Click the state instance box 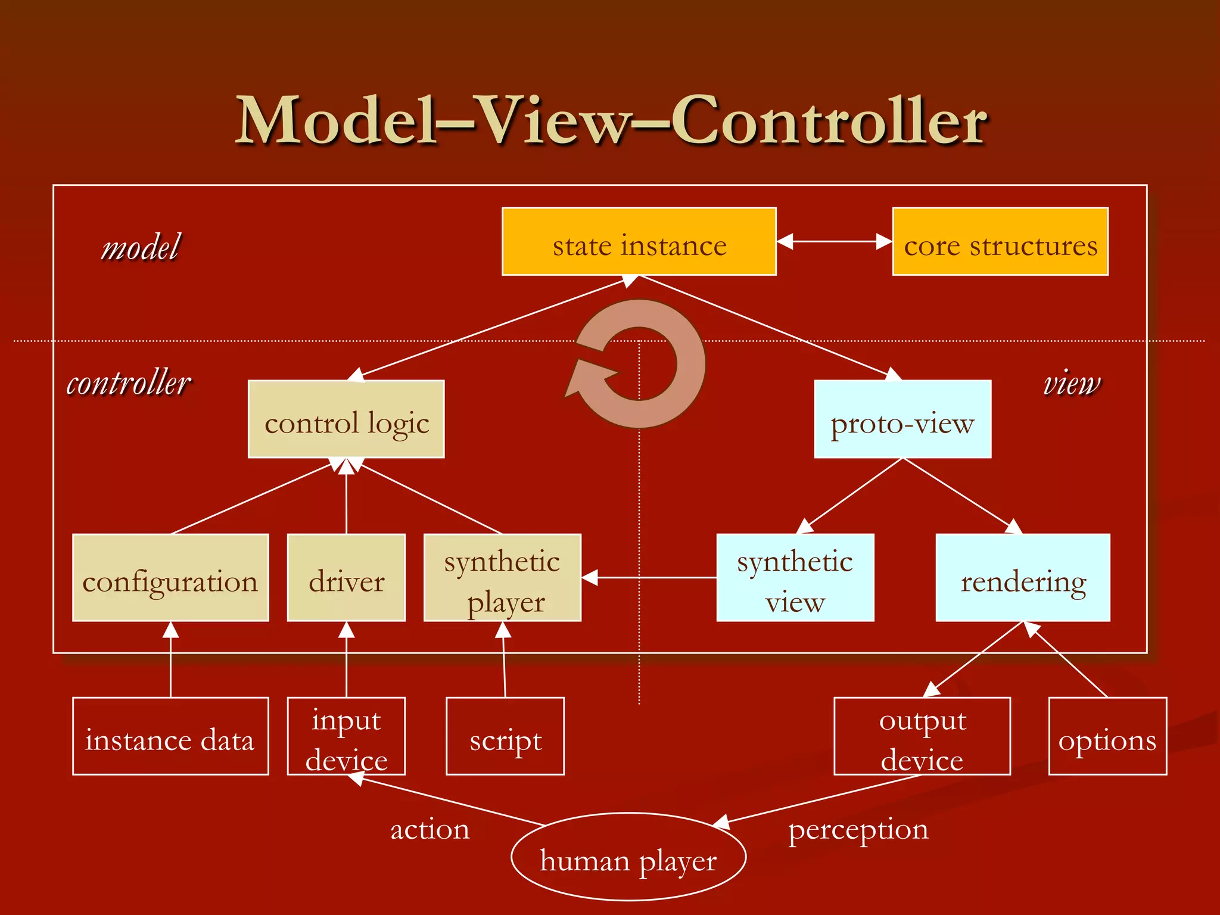coord(639,242)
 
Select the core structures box coord(1000,242)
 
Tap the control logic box coord(346,419)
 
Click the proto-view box coord(902,419)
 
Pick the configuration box coord(170,578)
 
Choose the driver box coord(346,578)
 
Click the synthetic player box coord(502,578)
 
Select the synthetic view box coord(795,578)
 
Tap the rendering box coord(1022,578)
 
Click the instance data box coord(170,736)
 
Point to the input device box coord(346,736)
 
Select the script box coord(505,736)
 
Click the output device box coord(922,736)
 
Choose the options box coord(1107,736)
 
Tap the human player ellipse coord(628,857)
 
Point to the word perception coord(858,830)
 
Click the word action coord(430,830)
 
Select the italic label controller coord(129,382)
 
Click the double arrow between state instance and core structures coord(834,242)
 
